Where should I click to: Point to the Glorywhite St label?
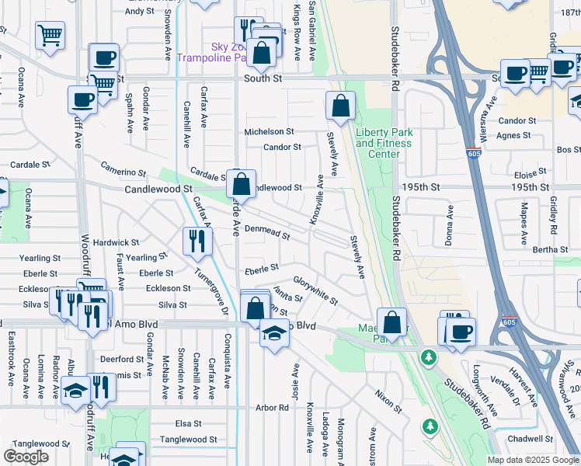(x=315, y=290)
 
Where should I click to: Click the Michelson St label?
(x=269, y=132)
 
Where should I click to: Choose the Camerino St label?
(x=124, y=171)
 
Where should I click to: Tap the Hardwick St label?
(x=116, y=243)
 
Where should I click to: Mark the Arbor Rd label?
(x=272, y=407)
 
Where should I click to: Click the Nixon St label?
(x=388, y=402)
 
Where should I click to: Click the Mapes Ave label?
(x=524, y=221)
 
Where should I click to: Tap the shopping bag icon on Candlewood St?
(x=242, y=185)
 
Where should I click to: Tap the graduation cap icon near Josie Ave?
(x=273, y=334)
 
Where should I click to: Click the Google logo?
(x=26, y=456)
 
